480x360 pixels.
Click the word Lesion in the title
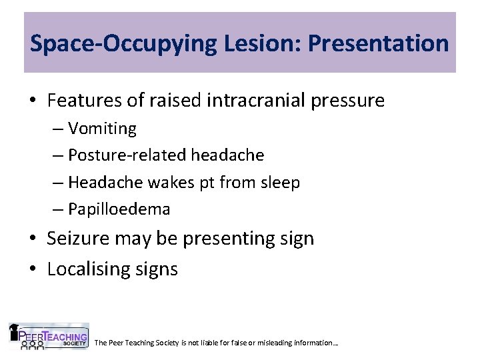233,44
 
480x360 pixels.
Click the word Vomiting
102,128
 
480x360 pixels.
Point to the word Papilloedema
119,209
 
